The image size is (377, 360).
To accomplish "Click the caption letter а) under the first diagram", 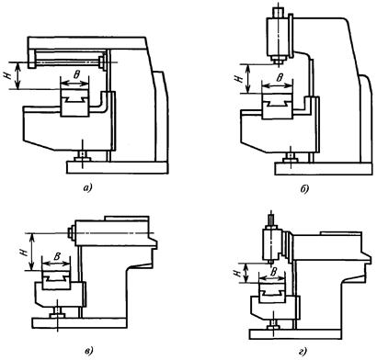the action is click(87, 188).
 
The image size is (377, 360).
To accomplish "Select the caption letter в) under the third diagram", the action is click(88, 350).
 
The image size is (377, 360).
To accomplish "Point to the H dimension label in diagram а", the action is click(8, 75).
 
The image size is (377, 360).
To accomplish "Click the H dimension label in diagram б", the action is click(238, 79).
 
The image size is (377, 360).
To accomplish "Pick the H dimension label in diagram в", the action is click(26, 251).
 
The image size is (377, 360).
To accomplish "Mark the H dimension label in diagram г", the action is click(237, 273).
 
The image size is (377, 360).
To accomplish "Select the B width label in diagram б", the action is click(279, 78).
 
